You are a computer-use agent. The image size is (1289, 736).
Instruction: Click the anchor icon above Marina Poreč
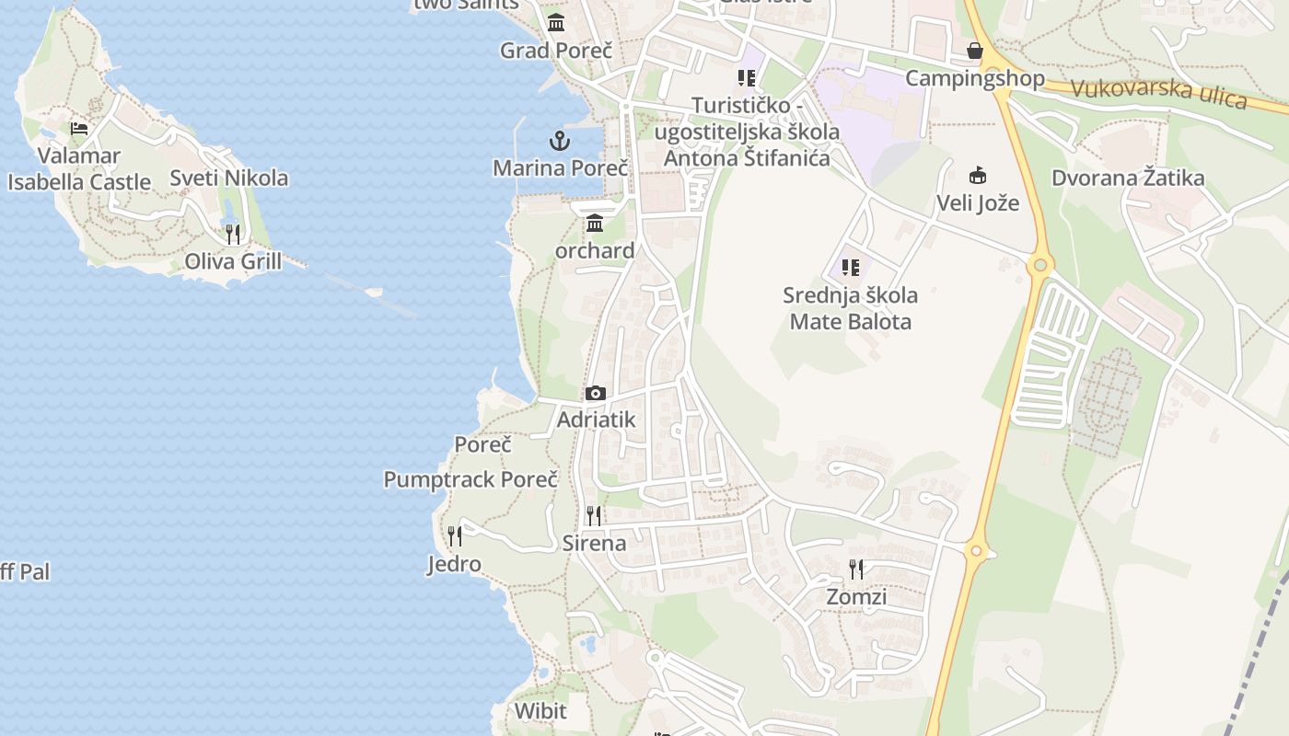[560, 141]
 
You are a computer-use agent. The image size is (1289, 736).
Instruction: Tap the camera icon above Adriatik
[596, 394]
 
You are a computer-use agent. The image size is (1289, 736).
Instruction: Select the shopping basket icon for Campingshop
[975, 51]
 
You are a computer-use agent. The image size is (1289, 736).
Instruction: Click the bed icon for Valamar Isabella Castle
[79, 128]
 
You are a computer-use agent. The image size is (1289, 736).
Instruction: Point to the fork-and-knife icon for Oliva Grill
[233, 235]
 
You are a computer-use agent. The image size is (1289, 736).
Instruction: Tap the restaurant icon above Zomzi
[856, 569]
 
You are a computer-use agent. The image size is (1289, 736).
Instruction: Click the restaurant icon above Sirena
[594, 515]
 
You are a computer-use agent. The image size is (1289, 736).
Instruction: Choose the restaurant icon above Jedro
[454, 535]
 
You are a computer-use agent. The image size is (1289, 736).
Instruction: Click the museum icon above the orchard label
[594, 223]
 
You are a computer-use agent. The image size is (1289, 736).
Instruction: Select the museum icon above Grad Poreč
[556, 23]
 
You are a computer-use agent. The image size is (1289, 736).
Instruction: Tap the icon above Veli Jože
[978, 175]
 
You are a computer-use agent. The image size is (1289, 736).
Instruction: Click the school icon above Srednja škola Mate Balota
[851, 268]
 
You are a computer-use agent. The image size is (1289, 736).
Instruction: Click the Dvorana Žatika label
[1128, 178]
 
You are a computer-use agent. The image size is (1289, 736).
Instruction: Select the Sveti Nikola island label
[229, 178]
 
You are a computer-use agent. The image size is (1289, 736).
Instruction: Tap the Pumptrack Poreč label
[470, 479]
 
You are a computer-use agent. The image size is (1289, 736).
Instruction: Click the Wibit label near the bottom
[540, 710]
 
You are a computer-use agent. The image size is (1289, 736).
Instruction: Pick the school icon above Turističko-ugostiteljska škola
[747, 78]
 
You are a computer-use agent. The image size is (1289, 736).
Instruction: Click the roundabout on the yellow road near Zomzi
[977, 552]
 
